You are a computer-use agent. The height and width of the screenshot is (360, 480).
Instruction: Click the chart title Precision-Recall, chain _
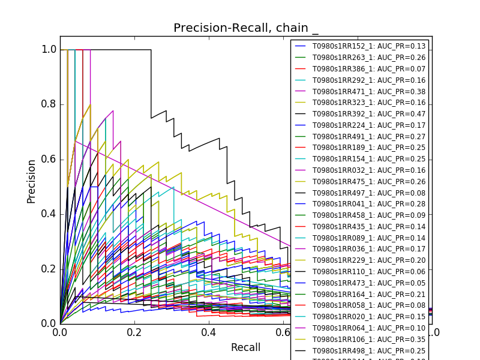[x=246, y=28]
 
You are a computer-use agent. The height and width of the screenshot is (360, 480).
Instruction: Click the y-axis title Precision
[x=31, y=181]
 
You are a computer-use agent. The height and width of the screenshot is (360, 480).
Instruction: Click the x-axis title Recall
[x=246, y=348]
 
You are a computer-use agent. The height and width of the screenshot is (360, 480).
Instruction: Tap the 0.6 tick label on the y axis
[x=49, y=159]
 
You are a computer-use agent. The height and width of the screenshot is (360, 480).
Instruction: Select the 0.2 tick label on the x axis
[x=134, y=332]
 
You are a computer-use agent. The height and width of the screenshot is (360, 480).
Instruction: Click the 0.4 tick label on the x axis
[x=209, y=332]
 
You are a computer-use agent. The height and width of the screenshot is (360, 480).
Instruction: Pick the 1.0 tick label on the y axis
[x=49, y=50]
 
